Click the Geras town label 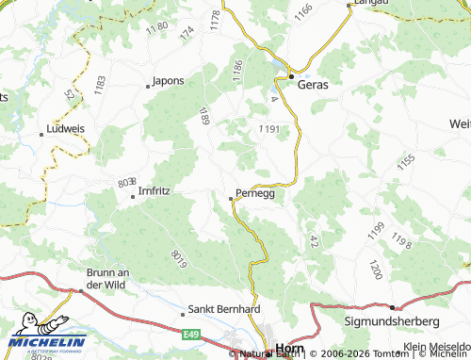coord(313,84)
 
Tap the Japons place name coord(169,80)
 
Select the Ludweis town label coord(65,129)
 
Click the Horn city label coord(287,350)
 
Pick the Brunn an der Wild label coord(100,278)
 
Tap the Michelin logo coord(45,342)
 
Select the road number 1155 coord(406,161)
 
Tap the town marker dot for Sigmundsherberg coord(391,306)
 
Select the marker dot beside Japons coord(148,87)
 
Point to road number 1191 coord(268,128)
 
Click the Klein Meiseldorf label coord(438,348)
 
